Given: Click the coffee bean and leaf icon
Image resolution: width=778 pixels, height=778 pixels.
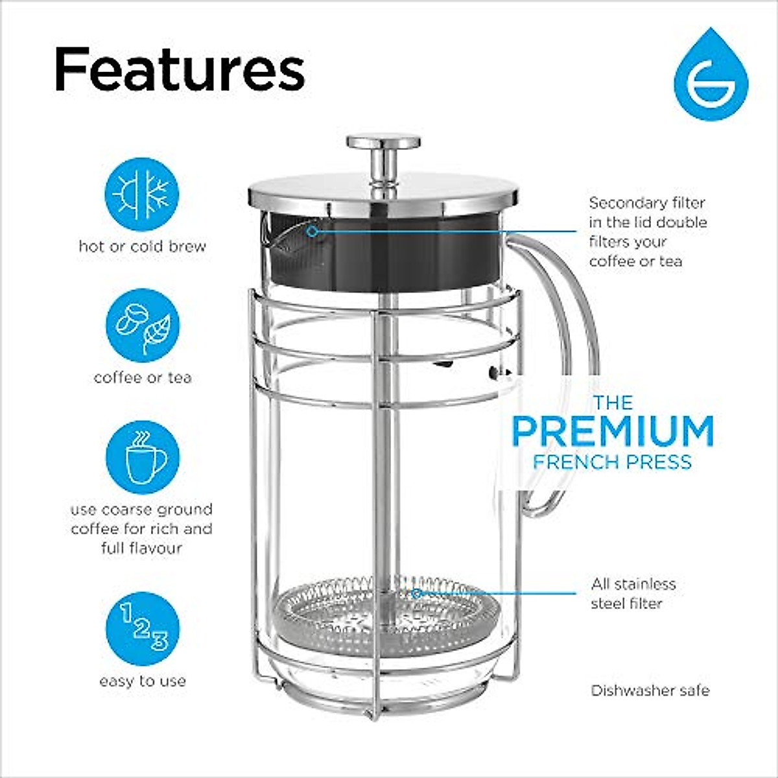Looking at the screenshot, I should coord(142,325).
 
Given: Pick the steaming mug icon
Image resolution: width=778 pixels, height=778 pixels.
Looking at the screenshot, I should coord(142,457).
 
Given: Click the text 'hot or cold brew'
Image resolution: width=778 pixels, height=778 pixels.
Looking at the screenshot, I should coord(142,246).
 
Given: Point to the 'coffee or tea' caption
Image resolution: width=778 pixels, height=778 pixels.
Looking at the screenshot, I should coord(143,377).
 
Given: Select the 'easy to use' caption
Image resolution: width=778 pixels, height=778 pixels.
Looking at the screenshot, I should coord(143,681).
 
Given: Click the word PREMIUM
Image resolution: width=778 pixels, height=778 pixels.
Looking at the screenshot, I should coord(613,431).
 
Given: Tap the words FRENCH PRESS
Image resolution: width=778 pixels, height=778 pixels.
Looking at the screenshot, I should coord(613,462).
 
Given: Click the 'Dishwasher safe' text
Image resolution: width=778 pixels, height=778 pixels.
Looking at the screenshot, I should coord(650,690).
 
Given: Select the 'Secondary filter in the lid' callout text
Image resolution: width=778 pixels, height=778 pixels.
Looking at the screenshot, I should coord(647,231).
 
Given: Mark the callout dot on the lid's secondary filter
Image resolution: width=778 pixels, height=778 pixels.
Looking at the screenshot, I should coord(312,231).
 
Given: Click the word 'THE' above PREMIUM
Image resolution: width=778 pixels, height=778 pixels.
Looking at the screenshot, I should coord(613,403).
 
